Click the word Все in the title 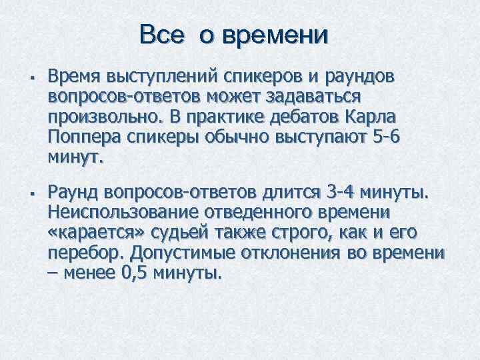tap(161, 35)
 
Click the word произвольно tap(103, 117)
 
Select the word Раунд tap(73, 193)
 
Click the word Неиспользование tap(127, 213)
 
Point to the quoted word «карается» tap(91, 234)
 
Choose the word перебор tap(86, 255)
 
